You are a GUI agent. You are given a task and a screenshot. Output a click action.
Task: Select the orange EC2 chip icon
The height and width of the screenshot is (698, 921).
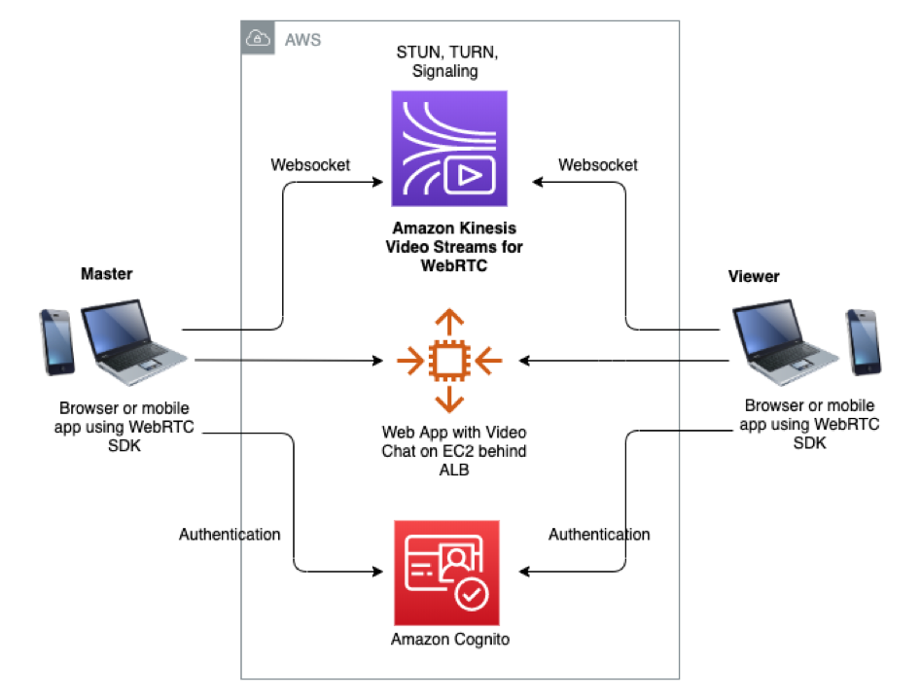tap(448, 361)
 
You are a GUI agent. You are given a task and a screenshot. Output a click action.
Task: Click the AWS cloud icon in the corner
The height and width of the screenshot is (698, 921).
tap(259, 40)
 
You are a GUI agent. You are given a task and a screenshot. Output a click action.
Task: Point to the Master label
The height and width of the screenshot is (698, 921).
tap(106, 274)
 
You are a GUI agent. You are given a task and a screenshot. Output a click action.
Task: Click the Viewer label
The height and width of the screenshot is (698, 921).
tap(754, 277)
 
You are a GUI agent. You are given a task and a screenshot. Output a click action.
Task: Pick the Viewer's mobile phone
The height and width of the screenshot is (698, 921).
tap(862, 341)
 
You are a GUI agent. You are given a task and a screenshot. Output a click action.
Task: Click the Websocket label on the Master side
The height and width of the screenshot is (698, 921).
tap(310, 165)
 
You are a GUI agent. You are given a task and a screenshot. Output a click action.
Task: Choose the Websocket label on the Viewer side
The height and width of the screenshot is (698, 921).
tap(598, 165)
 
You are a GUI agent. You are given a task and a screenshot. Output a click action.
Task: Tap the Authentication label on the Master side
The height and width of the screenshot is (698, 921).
tap(230, 534)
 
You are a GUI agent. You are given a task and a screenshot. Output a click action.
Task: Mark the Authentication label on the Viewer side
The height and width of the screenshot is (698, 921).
tap(599, 534)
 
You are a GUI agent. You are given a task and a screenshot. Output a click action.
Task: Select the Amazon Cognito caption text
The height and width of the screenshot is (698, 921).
tap(450, 639)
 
